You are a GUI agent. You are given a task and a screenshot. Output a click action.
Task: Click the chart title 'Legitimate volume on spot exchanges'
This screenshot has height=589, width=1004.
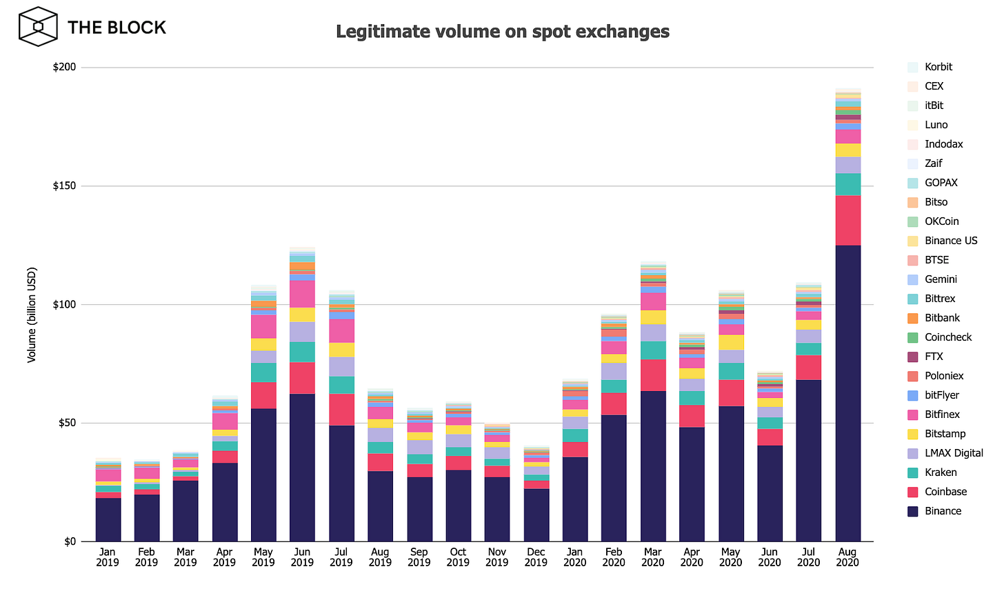pos(502,32)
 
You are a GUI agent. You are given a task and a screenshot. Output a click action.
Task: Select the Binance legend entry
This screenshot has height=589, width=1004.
pos(942,511)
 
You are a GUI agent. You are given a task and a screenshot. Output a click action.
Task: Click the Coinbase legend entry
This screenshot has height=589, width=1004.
pos(945,492)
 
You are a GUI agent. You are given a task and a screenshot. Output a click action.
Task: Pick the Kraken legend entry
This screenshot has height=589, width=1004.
pos(941,472)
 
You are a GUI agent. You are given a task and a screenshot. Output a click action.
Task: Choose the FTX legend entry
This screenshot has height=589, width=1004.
pos(933,357)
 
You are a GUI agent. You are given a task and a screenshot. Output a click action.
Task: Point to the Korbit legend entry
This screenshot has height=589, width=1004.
pos(938,67)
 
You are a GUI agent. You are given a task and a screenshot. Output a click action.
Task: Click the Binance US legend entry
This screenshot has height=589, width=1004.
pos(950,241)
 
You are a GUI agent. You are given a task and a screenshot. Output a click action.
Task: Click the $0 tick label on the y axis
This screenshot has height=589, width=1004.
pos(70,541)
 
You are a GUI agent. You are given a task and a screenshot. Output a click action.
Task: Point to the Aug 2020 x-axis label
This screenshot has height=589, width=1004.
pos(847,557)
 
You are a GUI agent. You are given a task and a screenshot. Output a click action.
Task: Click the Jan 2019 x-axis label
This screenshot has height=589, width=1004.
pos(108,557)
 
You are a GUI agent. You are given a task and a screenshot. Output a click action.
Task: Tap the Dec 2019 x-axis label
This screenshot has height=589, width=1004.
pos(536,557)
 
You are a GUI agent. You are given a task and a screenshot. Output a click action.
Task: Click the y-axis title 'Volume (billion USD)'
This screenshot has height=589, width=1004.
pos(32,315)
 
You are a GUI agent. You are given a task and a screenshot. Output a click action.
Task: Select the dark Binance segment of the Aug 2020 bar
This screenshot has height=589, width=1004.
pos(847,393)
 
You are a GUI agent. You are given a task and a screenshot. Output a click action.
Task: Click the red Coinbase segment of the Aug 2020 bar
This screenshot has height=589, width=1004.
pos(847,220)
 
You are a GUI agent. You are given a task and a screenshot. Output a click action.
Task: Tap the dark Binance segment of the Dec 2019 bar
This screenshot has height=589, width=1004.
pos(536,515)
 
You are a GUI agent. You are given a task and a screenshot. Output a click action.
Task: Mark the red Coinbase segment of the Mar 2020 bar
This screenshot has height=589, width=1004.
pos(653,375)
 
